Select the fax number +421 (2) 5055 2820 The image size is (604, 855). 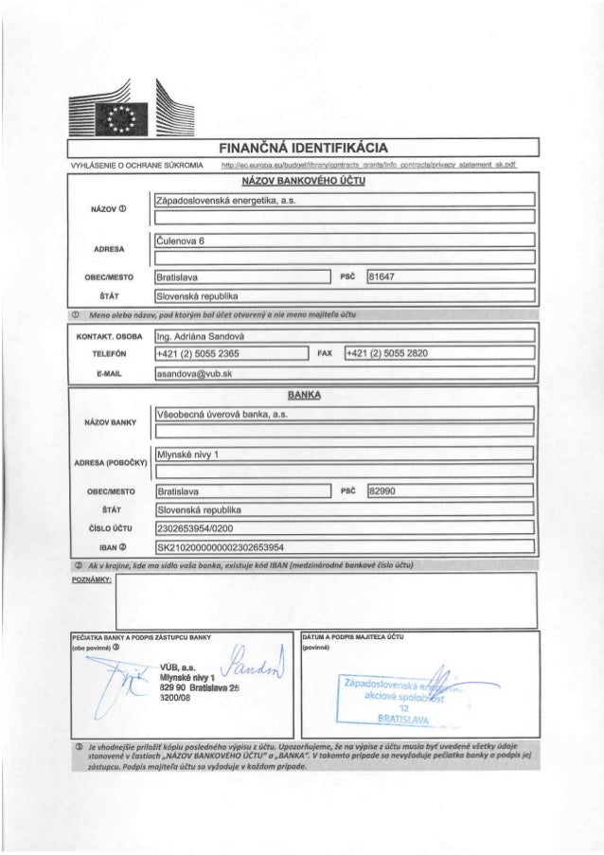click(x=388, y=353)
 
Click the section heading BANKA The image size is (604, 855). click(x=301, y=398)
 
